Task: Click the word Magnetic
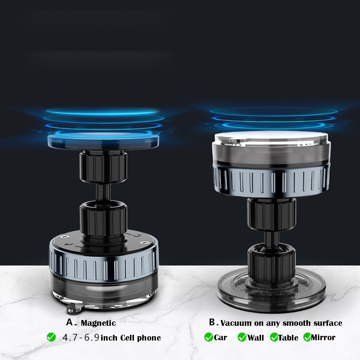pyautogui.click(x=98, y=323)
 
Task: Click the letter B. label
pyautogui.click(x=213, y=322)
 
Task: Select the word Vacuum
pyautogui.click(x=236, y=323)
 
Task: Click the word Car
pyautogui.click(x=220, y=337)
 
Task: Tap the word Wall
pyautogui.click(x=256, y=338)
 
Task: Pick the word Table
pyautogui.click(x=288, y=338)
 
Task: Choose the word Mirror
pyautogui.click(x=323, y=338)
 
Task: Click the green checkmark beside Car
pyautogui.click(x=209, y=337)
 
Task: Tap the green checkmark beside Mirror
pyautogui.click(x=307, y=337)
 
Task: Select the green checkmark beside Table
pyautogui.click(x=274, y=337)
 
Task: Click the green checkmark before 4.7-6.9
pyautogui.click(x=51, y=337)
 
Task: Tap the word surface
pyautogui.click(x=328, y=323)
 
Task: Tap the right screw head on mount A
pyautogui.click(x=145, y=242)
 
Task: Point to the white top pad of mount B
pyautogui.click(x=271, y=139)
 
